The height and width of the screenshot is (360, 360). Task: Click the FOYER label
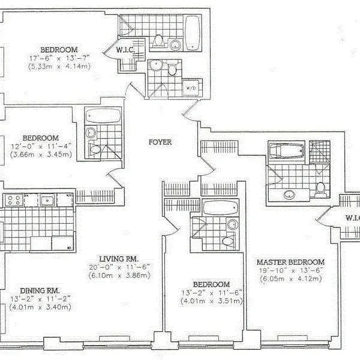click(x=160, y=142)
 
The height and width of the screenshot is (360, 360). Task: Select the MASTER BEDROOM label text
click(x=290, y=262)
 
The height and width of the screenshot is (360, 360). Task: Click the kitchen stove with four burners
click(x=14, y=200)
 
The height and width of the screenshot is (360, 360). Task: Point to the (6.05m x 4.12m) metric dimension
click(x=290, y=278)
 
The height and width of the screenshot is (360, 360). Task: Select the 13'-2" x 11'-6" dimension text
click(x=212, y=293)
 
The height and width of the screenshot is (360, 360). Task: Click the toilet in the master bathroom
click(x=321, y=188)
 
